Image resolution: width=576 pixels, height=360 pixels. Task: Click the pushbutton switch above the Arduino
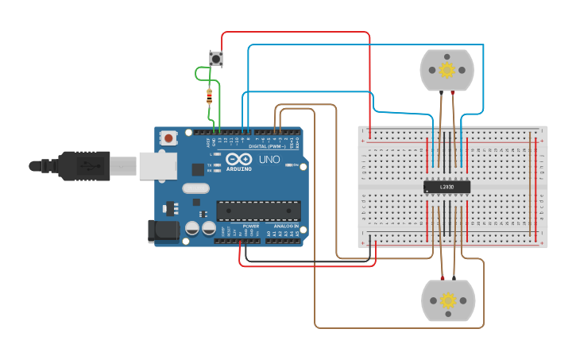pos(215,58)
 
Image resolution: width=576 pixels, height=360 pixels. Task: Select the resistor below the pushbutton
pos(209,97)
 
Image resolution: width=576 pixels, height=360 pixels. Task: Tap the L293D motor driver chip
pos(446,188)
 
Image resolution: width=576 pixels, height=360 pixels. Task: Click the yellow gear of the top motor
pos(446,70)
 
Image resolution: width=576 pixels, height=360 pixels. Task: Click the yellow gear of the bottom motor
pos(447,300)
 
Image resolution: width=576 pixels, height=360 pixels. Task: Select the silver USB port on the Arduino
pos(156,165)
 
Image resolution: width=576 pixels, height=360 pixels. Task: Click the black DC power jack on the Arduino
pos(164,230)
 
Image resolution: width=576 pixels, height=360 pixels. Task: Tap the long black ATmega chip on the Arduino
pos(259,211)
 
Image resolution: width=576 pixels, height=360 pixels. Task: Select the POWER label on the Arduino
pos(250,226)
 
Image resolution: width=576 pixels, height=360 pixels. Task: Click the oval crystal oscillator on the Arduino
pos(195,188)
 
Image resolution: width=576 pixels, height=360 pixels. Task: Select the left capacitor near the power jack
pos(192,229)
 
